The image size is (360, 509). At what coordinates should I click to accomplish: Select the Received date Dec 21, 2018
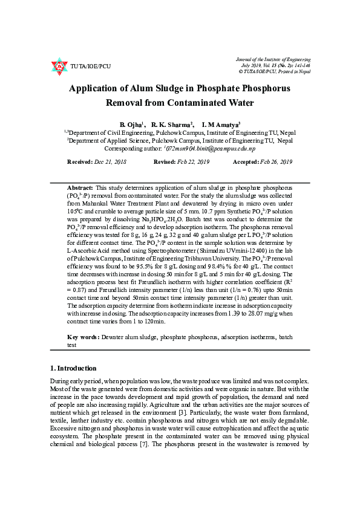(x=110, y=163)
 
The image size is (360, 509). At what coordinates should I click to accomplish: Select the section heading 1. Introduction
(x=73, y=368)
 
